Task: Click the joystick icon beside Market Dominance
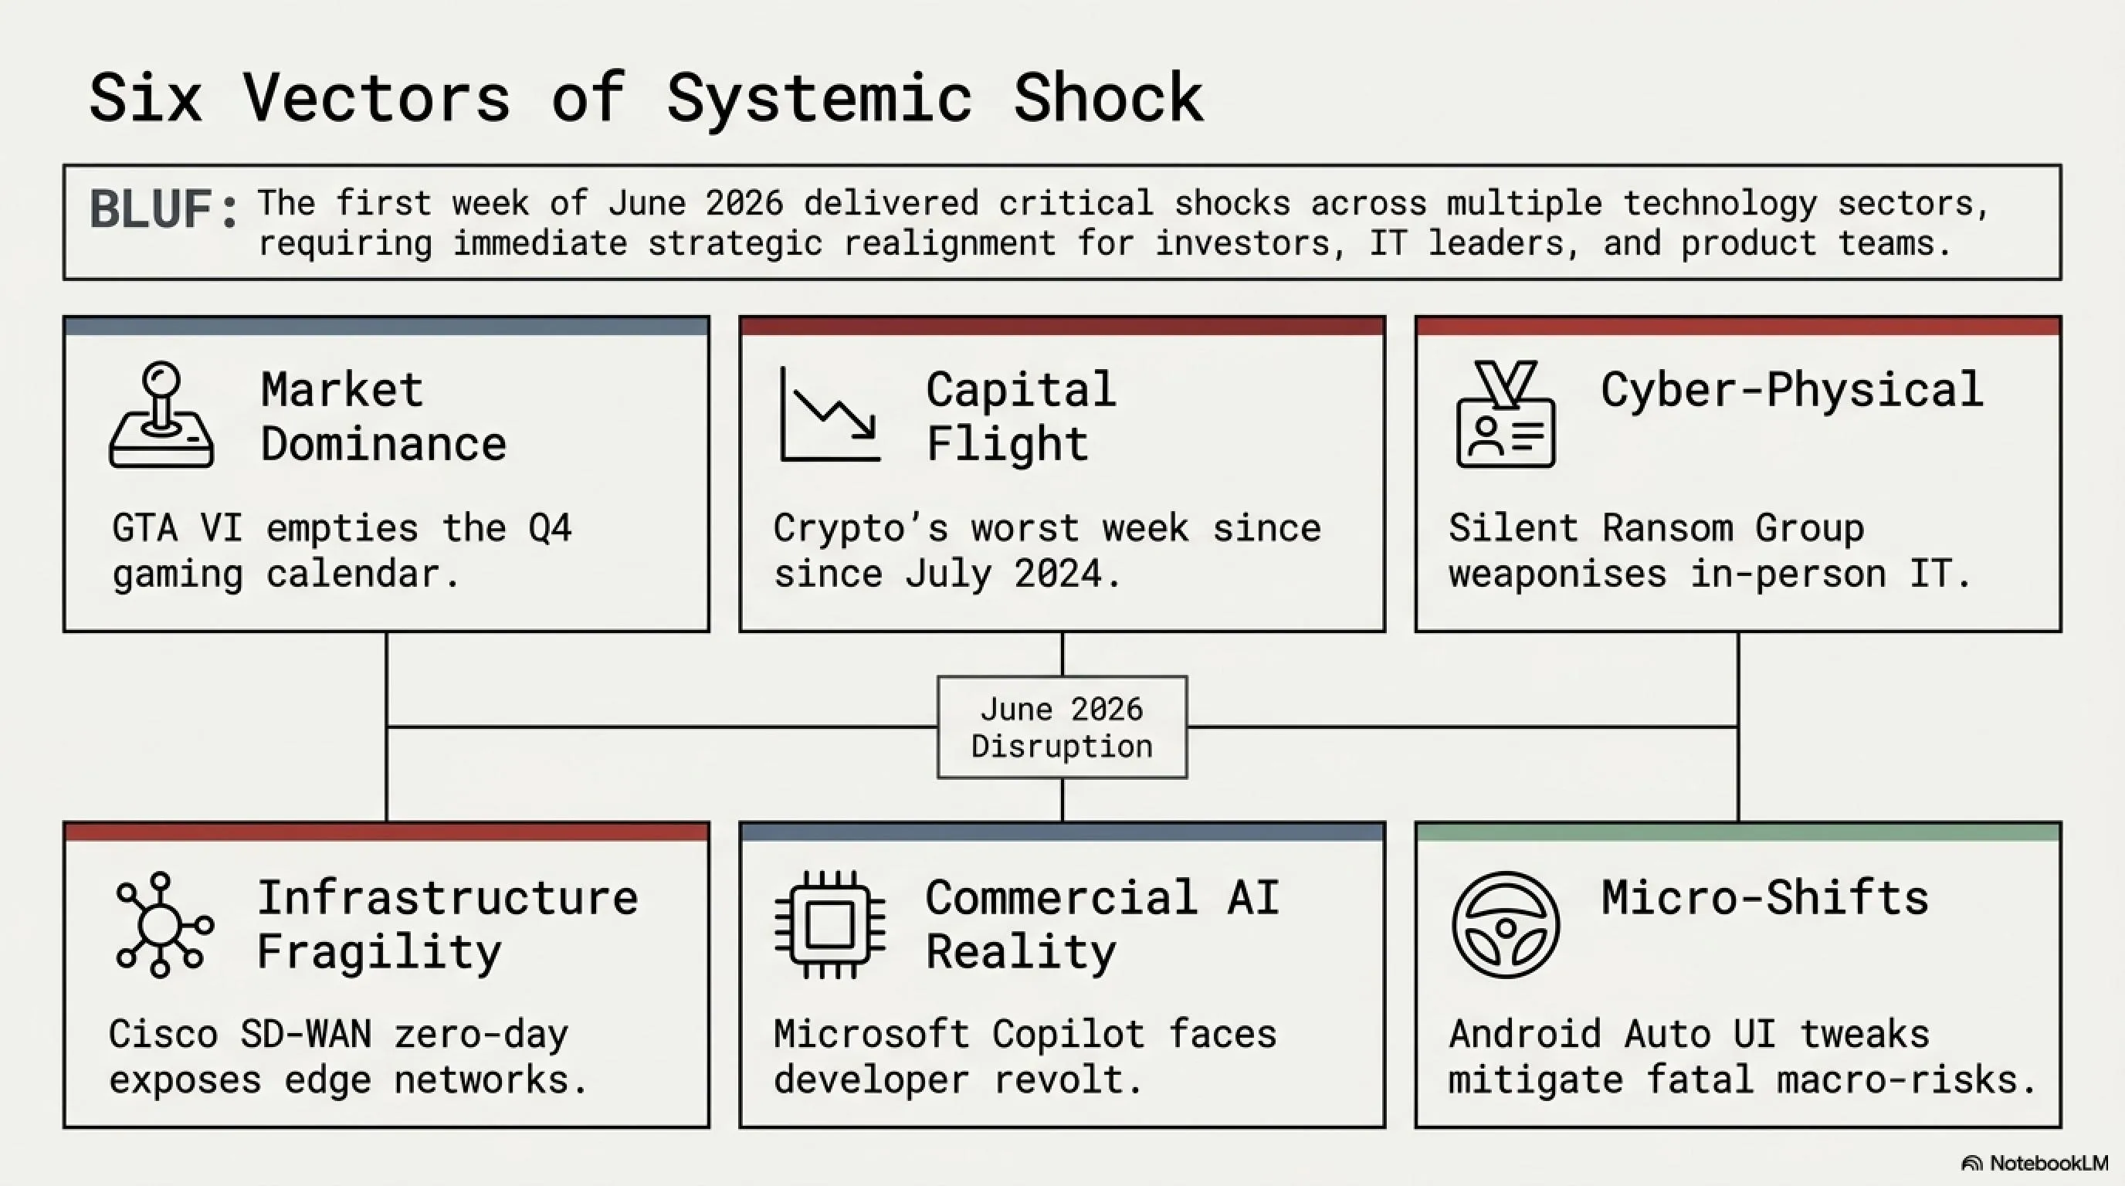point(161,415)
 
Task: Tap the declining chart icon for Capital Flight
point(830,415)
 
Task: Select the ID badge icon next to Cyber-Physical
point(1506,414)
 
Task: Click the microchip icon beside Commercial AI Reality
point(830,924)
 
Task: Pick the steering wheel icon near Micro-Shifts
point(1506,924)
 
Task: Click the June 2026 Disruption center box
point(1062,727)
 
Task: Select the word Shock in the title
point(1108,98)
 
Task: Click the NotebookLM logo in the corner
point(2034,1163)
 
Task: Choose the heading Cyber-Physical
point(1791,390)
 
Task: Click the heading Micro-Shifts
point(1764,897)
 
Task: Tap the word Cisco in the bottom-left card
point(164,1034)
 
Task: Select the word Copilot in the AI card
point(1068,1034)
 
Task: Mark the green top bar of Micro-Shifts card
point(1738,832)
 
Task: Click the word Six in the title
point(145,98)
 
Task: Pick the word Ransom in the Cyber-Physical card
point(1667,528)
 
